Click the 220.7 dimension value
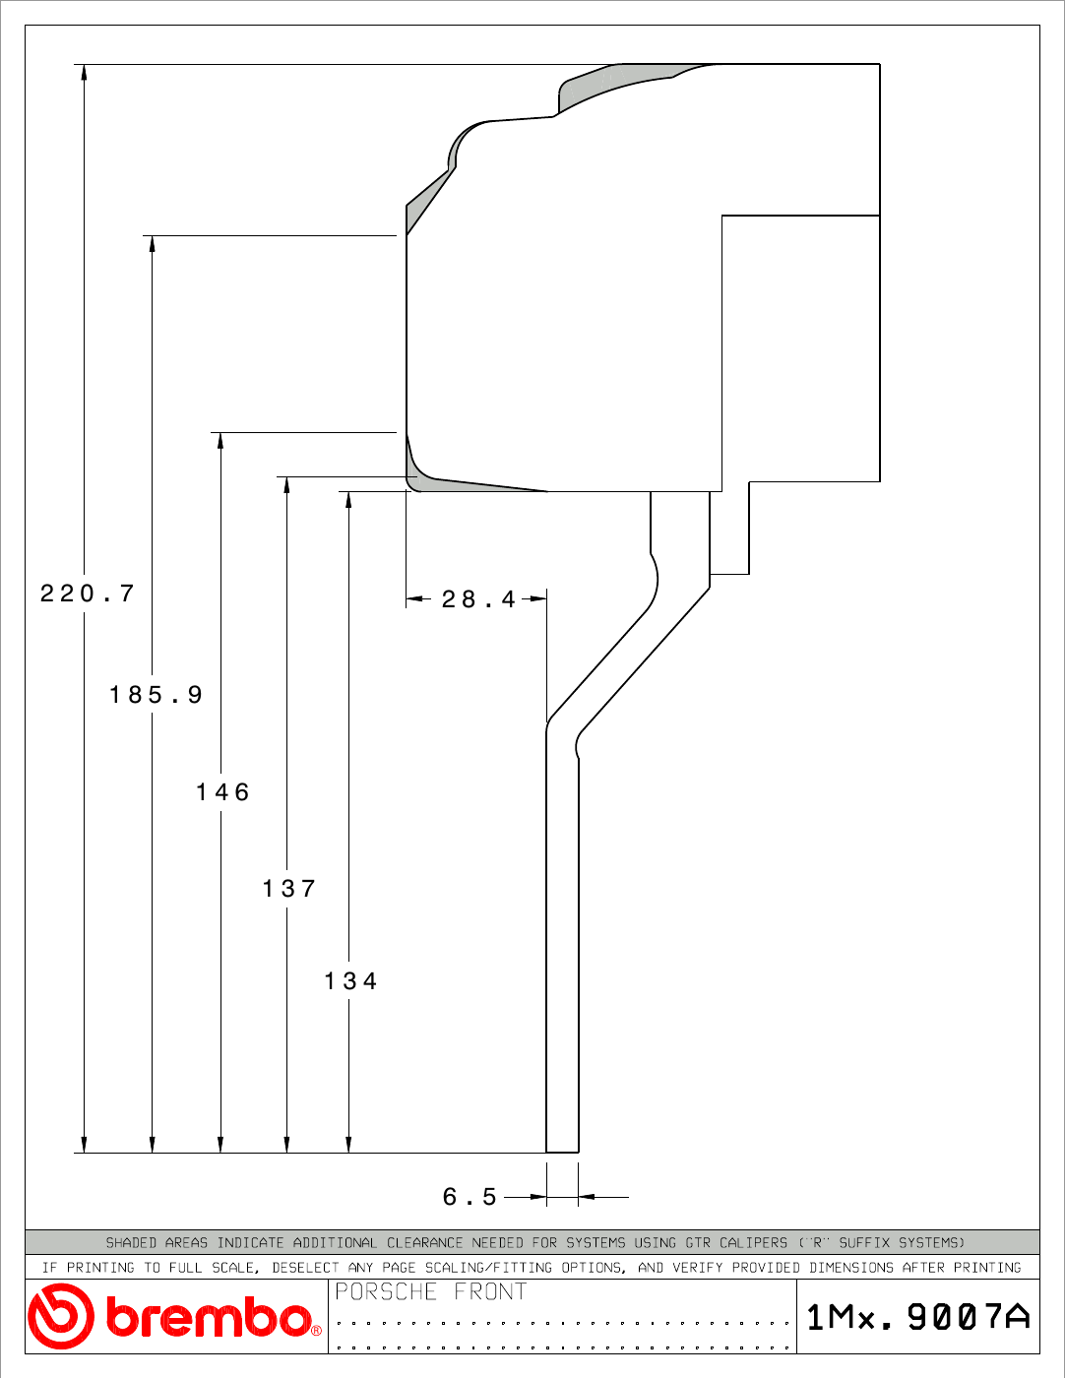(88, 594)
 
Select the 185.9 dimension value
(156, 694)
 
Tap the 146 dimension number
(223, 792)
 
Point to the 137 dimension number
(289, 889)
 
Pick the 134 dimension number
(350, 981)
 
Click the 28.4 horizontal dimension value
(478, 599)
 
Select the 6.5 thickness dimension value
(470, 1197)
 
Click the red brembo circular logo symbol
(60, 1316)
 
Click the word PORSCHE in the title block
(386, 1291)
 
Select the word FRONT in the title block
(490, 1291)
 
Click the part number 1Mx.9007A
(918, 1317)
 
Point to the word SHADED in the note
(131, 1242)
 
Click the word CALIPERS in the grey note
(753, 1242)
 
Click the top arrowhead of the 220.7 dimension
(84, 72)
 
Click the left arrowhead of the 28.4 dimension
(414, 598)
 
